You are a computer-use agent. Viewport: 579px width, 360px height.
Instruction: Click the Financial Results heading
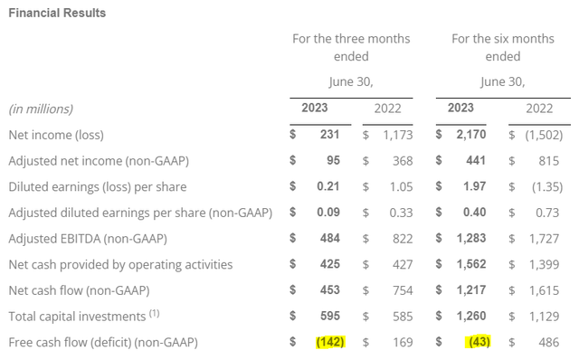click(x=56, y=13)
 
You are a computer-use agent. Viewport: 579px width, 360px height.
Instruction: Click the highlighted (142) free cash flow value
click(x=330, y=343)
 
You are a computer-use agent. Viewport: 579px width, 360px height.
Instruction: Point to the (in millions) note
click(x=42, y=109)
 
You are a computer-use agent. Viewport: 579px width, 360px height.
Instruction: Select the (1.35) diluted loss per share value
click(x=536, y=186)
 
